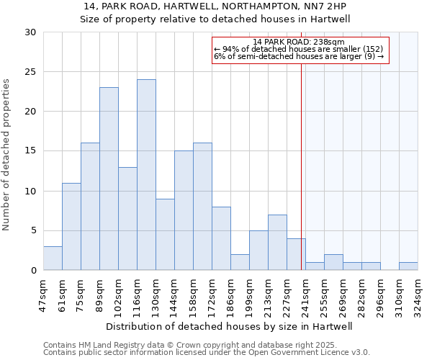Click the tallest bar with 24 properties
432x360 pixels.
point(146,175)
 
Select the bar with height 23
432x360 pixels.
point(109,179)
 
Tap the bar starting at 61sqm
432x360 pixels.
point(71,227)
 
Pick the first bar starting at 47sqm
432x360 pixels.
point(53,258)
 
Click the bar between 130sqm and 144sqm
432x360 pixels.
point(165,235)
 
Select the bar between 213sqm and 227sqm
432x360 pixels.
point(277,243)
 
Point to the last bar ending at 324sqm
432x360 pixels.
point(408,266)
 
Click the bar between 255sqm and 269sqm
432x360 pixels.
point(333,263)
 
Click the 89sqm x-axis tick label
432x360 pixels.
point(100,293)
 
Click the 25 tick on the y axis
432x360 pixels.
point(30,72)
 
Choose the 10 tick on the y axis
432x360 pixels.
point(30,191)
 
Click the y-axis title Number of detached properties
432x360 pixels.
point(7,155)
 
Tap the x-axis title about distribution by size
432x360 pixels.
point(234,326)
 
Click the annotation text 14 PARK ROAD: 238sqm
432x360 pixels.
point(300,42)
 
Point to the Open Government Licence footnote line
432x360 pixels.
point(207,353)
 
